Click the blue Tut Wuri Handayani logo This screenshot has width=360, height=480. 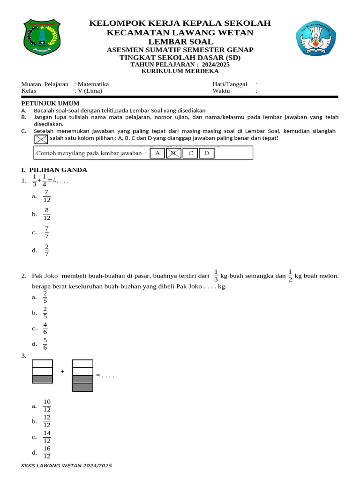[x=315, y=40]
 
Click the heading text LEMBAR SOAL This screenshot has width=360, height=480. [x=180, y=42]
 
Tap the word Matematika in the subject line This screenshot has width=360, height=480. [x=93, y=84]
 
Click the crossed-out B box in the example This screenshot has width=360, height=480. [x=173, y=153]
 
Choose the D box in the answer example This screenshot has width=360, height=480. [x=206, y=153]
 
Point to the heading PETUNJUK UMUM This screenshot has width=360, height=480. [x=51, y=103]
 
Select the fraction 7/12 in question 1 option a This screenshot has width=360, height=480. [x=46, y=196]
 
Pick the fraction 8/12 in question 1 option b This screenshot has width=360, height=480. [x=46, y=214]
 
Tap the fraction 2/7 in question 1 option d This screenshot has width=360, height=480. [x=47, y=250]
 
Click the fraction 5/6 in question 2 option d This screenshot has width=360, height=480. [x=45, y=344]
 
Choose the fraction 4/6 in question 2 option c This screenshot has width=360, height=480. [x=45, y=328]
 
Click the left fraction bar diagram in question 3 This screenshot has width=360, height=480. [x=42, y=372]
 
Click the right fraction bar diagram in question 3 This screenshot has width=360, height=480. [x=83, y=375]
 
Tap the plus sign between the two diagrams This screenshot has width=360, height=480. [x=62, y=372]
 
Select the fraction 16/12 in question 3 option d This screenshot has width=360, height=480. [x=47, y=452]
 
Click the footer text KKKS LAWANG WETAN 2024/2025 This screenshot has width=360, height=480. [x=67, y=465]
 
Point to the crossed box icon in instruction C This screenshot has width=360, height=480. [x=41, y=139]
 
